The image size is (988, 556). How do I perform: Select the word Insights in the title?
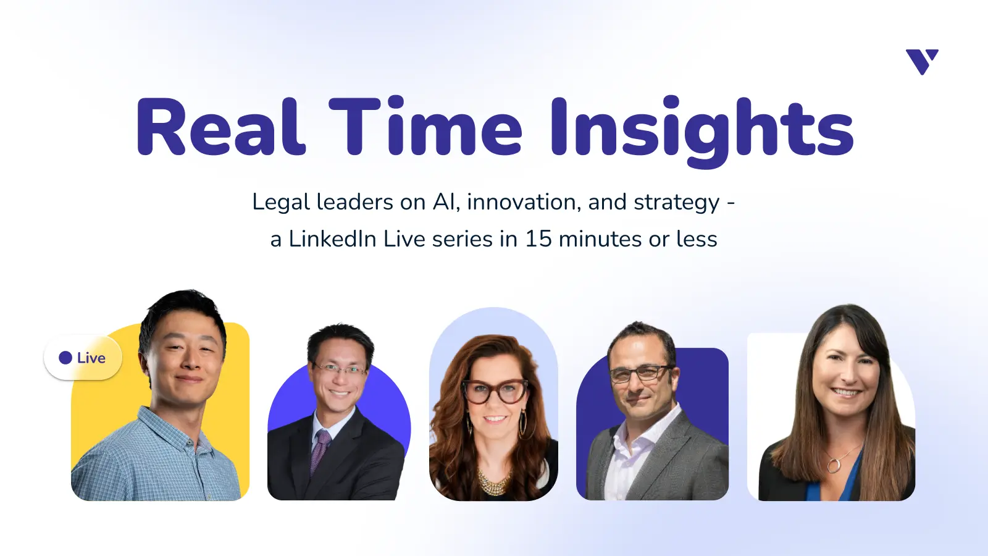pos(701,128)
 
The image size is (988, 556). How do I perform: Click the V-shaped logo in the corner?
pos(922,61)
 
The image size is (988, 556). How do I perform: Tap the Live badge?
pos(83,358)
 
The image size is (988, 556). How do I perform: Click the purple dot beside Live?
pos(65,358)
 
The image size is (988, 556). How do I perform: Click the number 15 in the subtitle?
pos(538,239)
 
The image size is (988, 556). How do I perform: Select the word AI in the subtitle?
pos(445,202)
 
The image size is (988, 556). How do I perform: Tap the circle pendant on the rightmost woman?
pos(834,465)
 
